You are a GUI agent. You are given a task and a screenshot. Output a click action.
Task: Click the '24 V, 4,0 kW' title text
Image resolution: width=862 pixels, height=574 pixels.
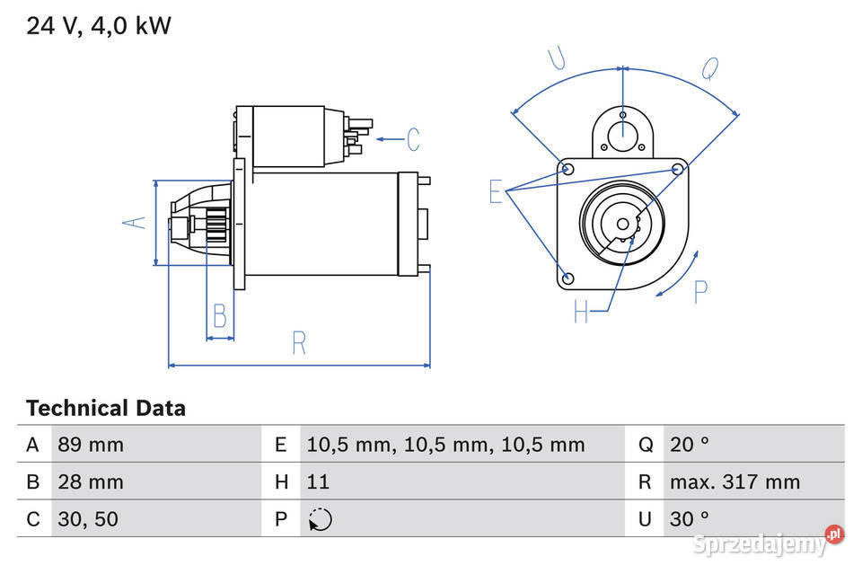[98, 26]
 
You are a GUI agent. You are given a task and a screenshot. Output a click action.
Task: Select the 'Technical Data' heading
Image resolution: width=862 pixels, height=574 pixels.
[106, 409]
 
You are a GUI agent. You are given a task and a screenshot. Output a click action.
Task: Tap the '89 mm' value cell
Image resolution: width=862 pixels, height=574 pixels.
[91, 445]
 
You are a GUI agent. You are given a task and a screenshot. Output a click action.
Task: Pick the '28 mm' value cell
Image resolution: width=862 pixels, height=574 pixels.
[91, 482]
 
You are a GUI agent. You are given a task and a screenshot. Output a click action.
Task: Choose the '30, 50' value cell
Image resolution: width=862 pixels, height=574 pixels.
[88, 519]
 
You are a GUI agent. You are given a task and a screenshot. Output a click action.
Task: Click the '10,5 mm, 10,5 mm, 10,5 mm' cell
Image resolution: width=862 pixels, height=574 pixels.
[445, 445]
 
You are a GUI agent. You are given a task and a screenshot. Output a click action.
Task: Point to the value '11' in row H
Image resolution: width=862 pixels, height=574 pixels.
[318, 482]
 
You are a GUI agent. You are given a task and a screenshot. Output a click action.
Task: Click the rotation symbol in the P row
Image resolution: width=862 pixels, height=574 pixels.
[320, 519]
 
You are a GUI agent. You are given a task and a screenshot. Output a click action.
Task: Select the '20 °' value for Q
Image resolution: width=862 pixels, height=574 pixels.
[689, 445]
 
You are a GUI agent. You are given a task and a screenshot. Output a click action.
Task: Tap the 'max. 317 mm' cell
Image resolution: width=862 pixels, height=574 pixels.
[734, 482]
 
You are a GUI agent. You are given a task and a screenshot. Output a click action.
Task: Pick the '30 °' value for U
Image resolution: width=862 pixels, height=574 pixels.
[689, 519]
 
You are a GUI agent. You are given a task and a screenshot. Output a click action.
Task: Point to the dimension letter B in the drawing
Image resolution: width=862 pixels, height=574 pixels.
[220, 316]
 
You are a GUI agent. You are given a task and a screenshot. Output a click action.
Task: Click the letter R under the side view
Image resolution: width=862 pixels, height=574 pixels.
[299, 342]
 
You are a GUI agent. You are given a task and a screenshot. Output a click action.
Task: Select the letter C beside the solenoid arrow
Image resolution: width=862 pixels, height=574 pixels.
[412, 139]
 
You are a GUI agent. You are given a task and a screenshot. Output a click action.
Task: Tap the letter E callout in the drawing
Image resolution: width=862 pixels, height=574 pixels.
[496, 191]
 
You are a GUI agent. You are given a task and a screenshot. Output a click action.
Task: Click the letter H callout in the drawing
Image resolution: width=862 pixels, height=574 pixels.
[582, 312]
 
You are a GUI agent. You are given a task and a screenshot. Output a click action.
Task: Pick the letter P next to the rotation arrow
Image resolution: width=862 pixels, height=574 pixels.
[701, 291]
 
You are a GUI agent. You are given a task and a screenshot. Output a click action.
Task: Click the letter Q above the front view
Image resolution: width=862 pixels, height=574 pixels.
[709, 69]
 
